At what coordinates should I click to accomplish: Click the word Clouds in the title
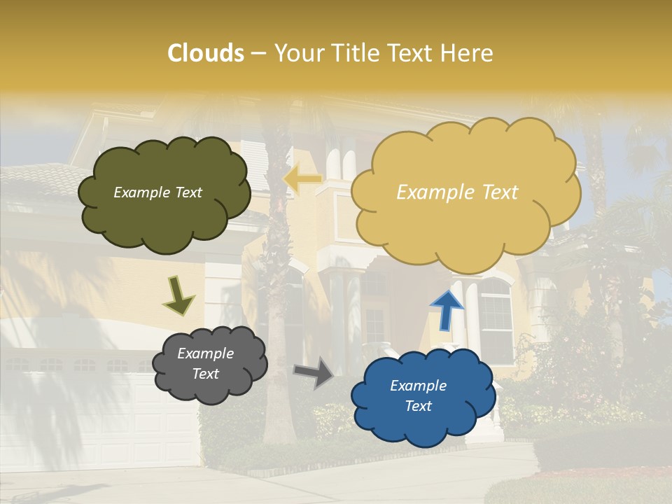(206, 53)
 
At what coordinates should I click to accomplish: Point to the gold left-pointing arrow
(302, 179)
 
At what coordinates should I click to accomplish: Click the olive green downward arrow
(178, 295)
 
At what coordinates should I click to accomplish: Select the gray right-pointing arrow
(313, 373)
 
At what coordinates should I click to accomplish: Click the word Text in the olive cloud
(187, 192)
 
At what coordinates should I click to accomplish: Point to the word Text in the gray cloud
(205, 374)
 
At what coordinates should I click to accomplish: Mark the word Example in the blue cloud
(418, 386)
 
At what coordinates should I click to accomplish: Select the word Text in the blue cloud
(418, 406)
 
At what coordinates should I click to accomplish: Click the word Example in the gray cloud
(205, 353)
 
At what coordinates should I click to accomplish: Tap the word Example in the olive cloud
(141, 192)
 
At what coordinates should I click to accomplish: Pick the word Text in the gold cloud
(500, 192)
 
